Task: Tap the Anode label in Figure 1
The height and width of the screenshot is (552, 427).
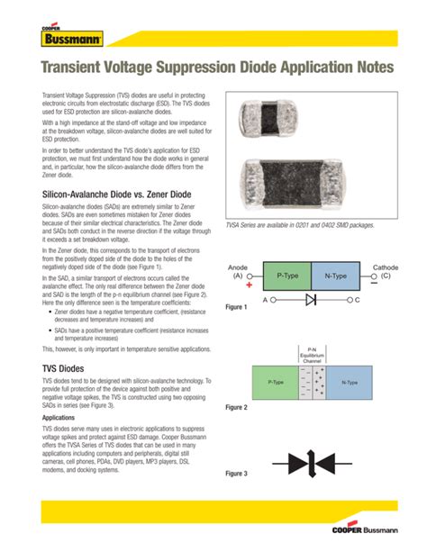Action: [238, 267]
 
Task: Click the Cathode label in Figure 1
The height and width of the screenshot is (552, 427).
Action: [385, 267]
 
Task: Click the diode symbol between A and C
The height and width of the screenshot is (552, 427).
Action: [311, 298]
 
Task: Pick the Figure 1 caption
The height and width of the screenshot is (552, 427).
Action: [236, 308]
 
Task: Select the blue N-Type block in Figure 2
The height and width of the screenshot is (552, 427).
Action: [350, 383]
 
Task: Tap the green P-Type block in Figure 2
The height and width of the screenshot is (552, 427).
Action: [275, 383]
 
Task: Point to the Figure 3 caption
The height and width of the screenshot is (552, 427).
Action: [236, 474]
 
